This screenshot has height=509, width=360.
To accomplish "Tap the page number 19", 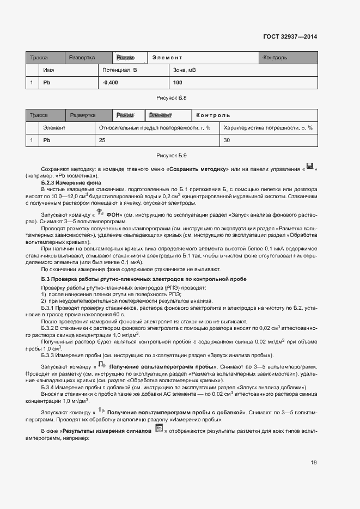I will [314, 463].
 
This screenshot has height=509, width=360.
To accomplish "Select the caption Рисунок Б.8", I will [172, 97].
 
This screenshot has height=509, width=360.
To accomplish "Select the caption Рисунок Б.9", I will [172, 155].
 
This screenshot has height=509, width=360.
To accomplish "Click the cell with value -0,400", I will [110, 83].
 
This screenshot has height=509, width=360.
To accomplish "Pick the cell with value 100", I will [178, 83].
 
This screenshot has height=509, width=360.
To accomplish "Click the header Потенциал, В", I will [120, 70].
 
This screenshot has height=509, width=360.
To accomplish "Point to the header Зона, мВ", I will [185, 70].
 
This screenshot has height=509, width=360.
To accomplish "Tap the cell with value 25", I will [102, 140].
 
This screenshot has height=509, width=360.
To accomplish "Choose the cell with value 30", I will [227, 140].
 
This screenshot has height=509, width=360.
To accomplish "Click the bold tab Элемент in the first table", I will [167, 58].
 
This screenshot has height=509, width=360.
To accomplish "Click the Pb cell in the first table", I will [47, 83].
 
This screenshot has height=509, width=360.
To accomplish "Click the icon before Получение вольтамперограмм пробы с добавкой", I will [101, 410].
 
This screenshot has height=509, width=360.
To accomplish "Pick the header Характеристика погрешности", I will [268, 128].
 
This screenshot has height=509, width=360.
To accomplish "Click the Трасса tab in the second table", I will [39, 115].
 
